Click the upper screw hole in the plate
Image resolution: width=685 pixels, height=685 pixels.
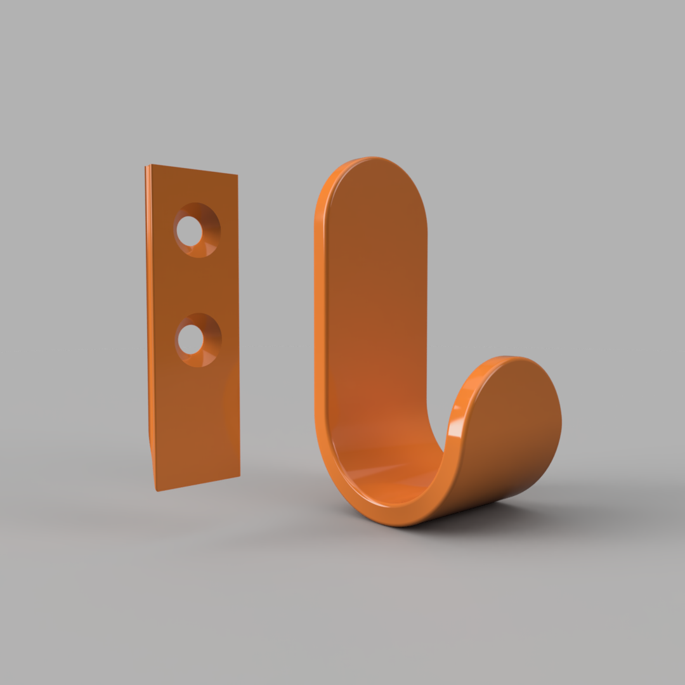tap(189, 231)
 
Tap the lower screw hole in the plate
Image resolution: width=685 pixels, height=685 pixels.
tap(190, 340)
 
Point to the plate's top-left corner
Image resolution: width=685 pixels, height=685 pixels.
tap(147, 166)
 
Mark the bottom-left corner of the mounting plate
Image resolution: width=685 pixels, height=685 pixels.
tap(156, 490)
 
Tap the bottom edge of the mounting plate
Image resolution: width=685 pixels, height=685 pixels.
tap(198, 483)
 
